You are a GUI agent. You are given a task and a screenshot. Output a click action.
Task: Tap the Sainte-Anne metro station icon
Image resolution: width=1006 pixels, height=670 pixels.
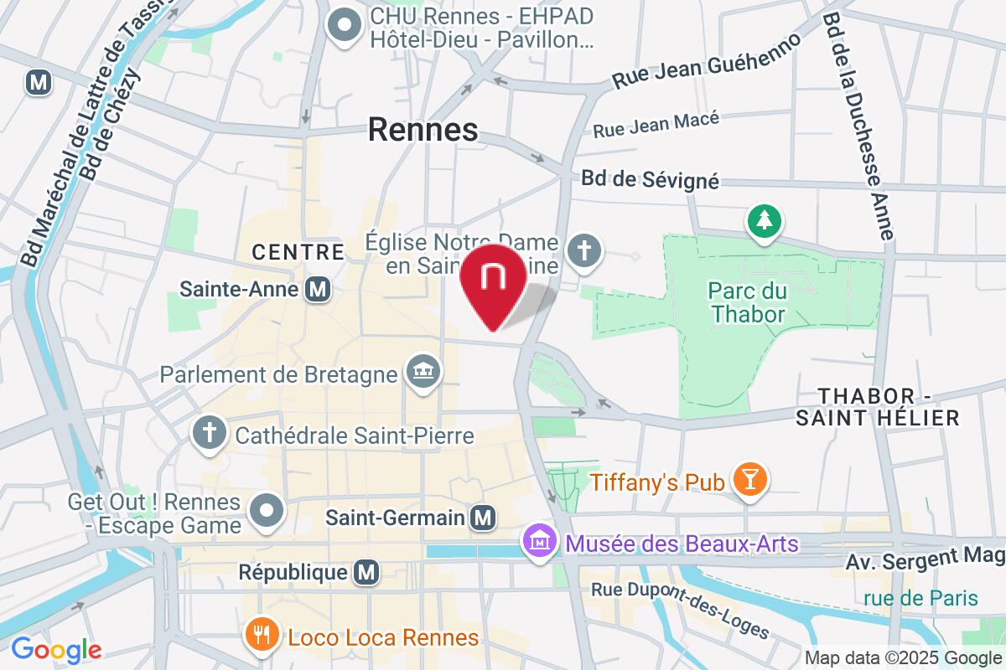[x=318, y=290]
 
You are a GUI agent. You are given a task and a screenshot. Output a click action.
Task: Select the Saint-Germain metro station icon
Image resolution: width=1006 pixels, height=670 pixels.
[x=482, y=518]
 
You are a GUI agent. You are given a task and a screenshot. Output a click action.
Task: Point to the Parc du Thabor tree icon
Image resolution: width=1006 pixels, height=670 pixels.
[x=764, y=222]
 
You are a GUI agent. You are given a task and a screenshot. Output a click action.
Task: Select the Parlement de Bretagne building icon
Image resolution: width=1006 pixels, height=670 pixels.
[x=423, y=371]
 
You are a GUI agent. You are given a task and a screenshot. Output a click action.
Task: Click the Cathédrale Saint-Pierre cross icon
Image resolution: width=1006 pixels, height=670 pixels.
[x=206, y=434]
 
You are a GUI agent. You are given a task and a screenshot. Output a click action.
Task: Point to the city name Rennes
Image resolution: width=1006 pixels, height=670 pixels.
[x=423, y=130]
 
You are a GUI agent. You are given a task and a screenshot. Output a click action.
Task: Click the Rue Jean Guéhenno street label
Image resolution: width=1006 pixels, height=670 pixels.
[x=706, y=61]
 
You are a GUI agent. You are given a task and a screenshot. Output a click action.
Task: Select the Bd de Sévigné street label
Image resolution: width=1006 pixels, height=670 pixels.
[x=651, y=180]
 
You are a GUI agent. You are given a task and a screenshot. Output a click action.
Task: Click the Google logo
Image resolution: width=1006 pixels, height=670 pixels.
[x=55, y=649]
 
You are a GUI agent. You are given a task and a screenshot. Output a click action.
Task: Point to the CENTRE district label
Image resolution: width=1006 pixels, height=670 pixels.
[x=298, y=252]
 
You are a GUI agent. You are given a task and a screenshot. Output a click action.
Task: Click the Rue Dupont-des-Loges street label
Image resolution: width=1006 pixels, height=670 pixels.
[x=680, y=606]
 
